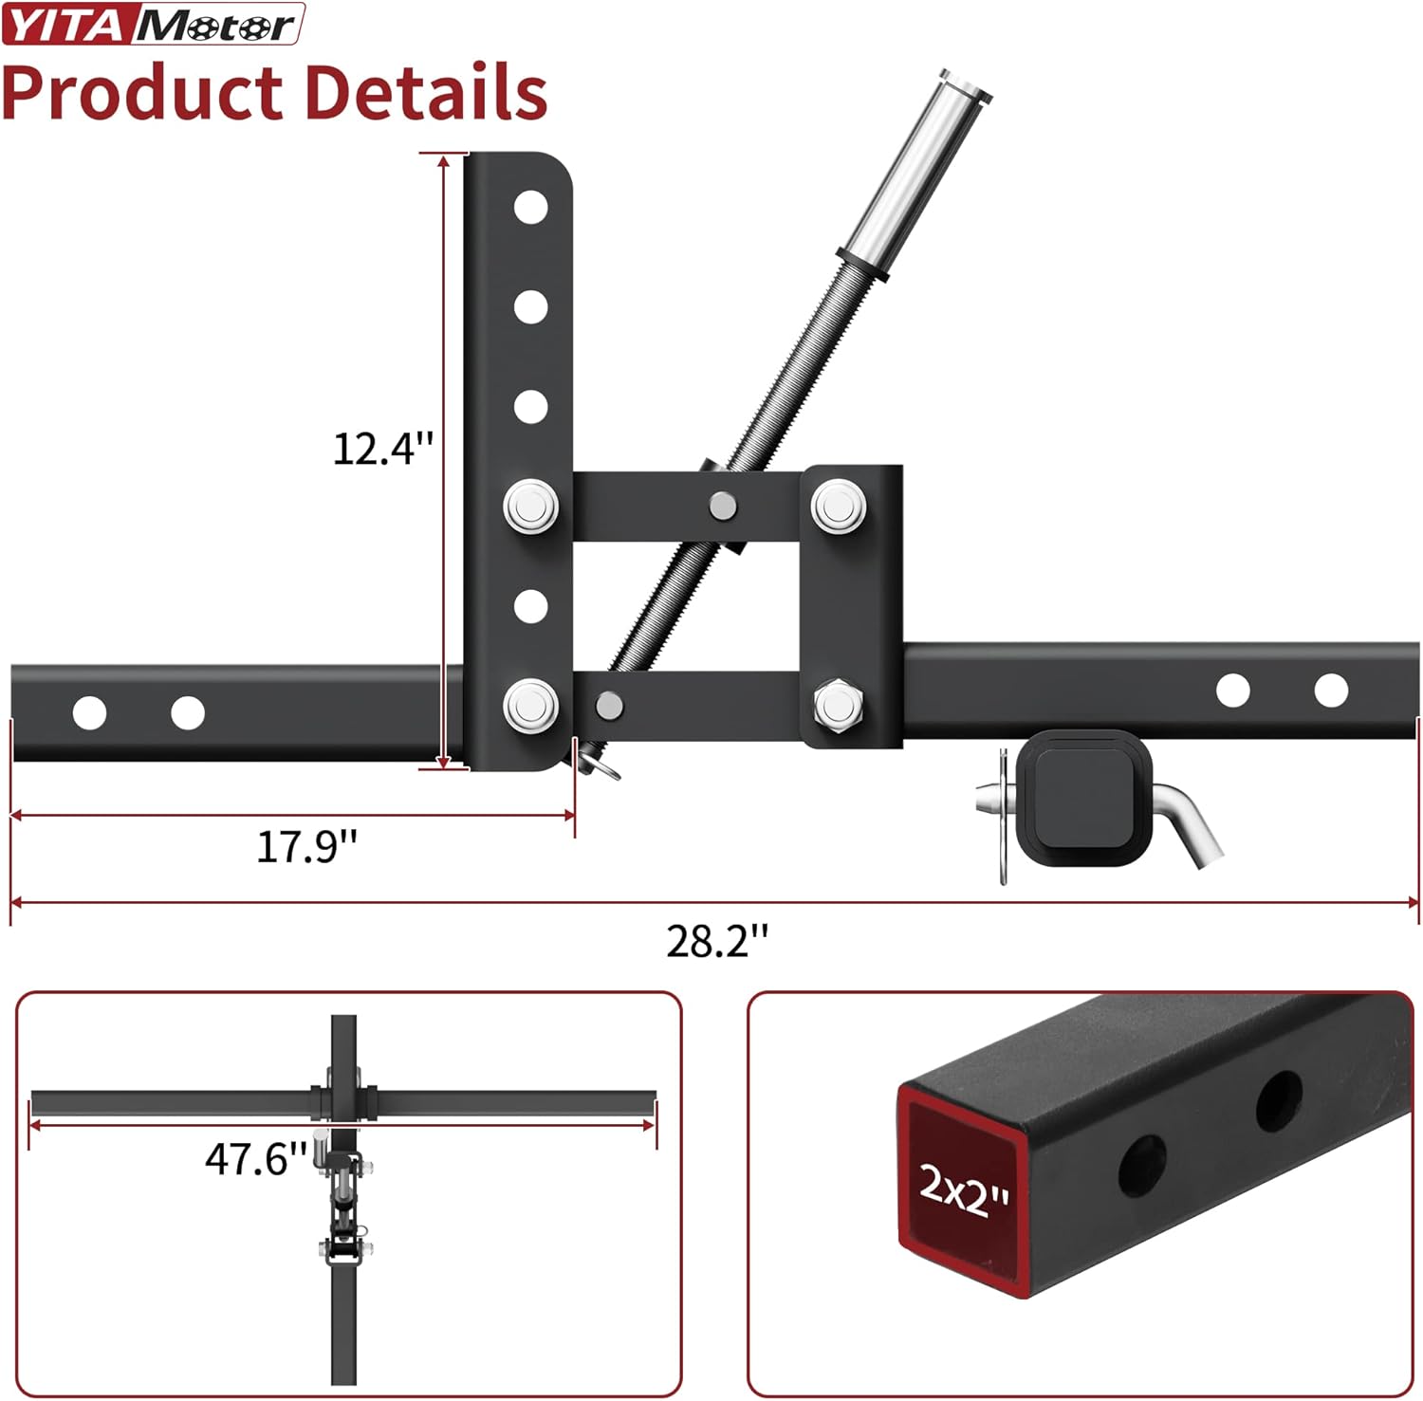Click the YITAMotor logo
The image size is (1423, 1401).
(x=152, y=24)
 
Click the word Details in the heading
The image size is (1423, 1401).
(x=425, y=93)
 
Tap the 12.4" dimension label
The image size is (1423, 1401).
(x=382, y=448)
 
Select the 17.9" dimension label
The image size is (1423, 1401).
(x=306, y=845)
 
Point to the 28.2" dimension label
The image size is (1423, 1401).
(x=716, y=940)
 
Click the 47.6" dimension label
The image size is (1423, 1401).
(x=256, y=1158)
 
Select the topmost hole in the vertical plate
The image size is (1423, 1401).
(x=530, y=207)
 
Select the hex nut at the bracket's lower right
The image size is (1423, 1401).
(x=838, y=705)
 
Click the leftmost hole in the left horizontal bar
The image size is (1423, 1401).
(x=89, y=712)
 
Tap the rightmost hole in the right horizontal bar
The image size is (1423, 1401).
(x=1331, y=691)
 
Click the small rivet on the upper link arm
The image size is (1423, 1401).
(x=723, y=506)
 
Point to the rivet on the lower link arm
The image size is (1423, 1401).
(x=608, y=705)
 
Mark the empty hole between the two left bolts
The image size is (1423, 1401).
(x=530, y=606)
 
